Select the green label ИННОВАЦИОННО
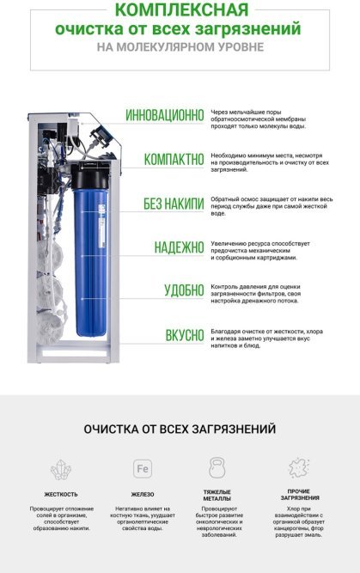click(x=164, y=115)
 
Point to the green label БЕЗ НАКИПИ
click(x=173, y=204)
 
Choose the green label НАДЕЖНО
click(x=179, y=247)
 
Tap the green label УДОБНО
click(x=184, y=290)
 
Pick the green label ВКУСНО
click(x=184, y=334)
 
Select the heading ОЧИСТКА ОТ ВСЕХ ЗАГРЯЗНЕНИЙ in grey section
click(x=180, y=428)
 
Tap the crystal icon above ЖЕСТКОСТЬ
click(x=60, y=469)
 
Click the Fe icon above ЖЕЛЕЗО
click(x=143, y=469)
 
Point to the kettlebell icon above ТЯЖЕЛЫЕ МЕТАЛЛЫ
click(x=217, y=468)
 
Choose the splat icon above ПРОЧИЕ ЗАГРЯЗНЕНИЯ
click(x=299, y=468)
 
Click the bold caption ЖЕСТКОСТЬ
click(x=61, y=494)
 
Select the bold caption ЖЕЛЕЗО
click(x=143, y=494)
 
